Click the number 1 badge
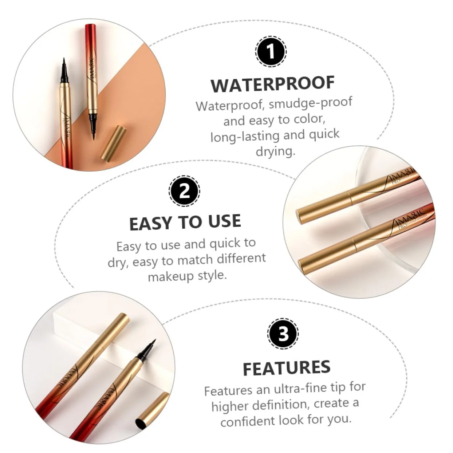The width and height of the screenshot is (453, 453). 271,51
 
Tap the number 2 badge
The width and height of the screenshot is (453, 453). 184,191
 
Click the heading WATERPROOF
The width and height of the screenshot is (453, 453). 272,84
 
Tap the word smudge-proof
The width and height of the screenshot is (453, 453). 310,103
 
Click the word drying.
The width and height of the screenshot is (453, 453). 275,151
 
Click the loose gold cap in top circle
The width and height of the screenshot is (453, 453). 114,143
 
